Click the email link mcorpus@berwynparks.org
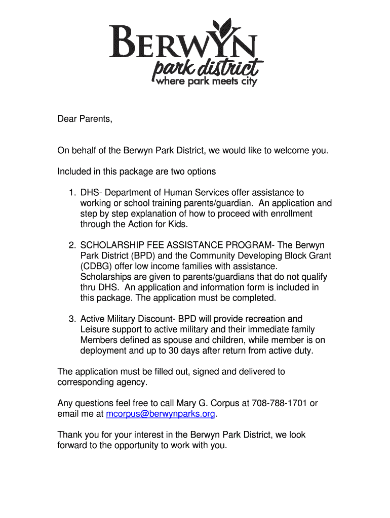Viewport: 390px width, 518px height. (x=161, y=414)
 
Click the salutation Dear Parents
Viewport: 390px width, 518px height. (x=84, y=119)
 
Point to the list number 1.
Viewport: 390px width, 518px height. (x=72, y=193)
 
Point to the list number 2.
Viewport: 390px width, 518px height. (x=72, y=245)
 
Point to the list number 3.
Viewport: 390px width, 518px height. (x=72, y=319)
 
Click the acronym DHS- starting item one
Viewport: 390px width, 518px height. (x=92, y=193)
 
